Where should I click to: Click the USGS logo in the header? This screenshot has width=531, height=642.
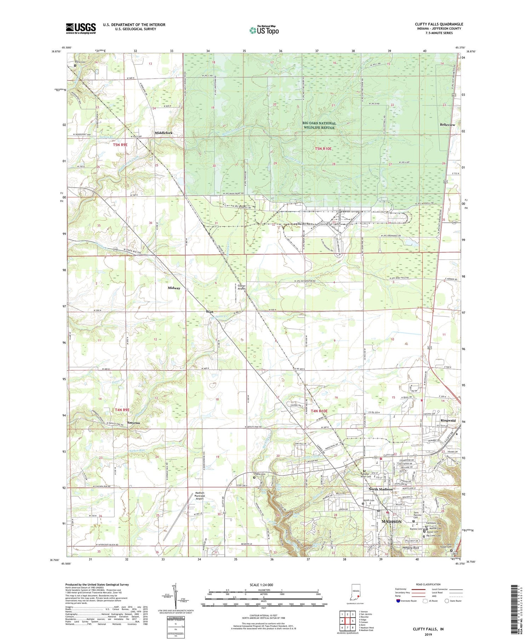[81, 28]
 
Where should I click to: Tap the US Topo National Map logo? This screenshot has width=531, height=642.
[264, 30]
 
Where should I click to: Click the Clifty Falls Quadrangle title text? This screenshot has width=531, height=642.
[439, 24]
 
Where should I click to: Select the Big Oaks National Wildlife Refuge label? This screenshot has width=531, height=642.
[319, 125]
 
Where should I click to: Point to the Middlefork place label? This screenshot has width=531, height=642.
[164, 133]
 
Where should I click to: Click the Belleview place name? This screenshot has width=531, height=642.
[447, 125]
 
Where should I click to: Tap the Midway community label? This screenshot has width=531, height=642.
[174, 288]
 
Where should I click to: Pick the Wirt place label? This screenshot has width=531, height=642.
[210, 312]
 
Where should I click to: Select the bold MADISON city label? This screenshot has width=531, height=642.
[392, 522]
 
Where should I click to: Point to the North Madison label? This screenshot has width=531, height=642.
[381, 489]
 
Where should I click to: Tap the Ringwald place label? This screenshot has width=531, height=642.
[448, 421]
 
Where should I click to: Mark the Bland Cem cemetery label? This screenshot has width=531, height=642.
[80, 62]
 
